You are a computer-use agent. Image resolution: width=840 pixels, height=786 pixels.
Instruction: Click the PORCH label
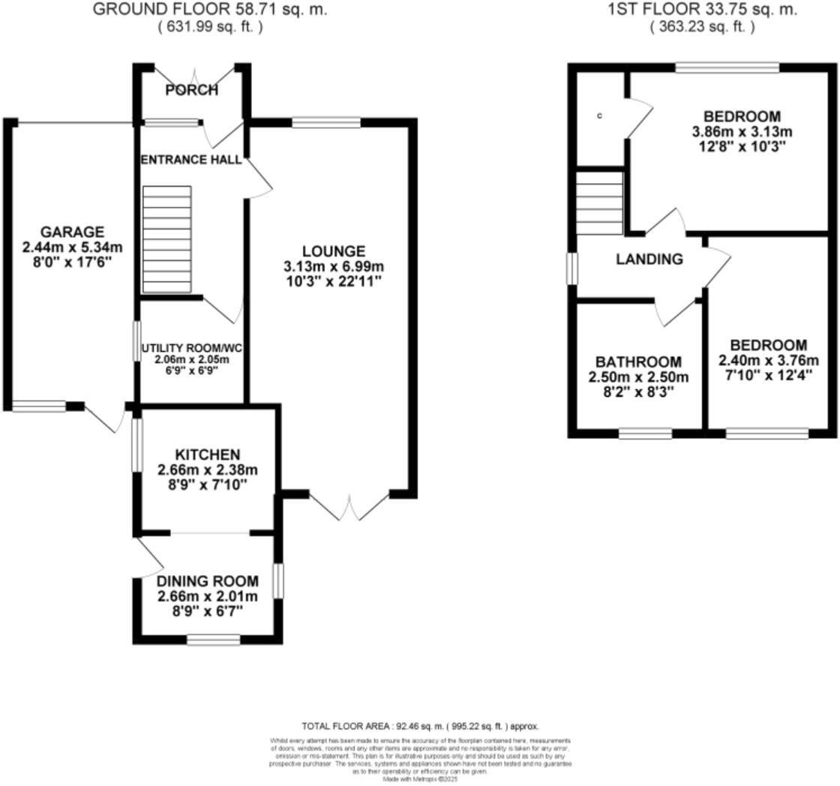pos(192,90)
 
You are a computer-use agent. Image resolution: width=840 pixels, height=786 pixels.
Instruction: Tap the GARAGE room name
pos(72,232)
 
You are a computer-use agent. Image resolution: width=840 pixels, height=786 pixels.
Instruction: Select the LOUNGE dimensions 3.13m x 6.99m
pos(334,266)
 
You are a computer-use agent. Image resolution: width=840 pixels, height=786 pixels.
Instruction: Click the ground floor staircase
pos(167,238)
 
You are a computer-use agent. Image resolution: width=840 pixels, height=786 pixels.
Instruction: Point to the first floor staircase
pos(600,202)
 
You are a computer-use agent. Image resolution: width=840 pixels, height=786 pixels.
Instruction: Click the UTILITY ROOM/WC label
pos(193,349)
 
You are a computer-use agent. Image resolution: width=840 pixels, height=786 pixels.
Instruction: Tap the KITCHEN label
pos(208,454)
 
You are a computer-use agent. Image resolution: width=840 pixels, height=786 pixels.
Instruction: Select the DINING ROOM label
pos(208,581)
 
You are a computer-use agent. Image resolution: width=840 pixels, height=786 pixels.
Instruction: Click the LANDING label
pos(649,259)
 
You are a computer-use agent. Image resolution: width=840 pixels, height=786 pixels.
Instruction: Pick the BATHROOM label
pos(638,361)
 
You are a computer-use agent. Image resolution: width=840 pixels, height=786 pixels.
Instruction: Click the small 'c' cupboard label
pos(599,116)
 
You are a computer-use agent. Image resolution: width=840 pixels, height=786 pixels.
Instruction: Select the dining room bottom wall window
pos(214,639)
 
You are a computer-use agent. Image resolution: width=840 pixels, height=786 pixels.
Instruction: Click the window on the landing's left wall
pos(572,268)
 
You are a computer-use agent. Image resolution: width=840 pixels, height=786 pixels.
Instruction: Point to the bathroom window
pos(645,433)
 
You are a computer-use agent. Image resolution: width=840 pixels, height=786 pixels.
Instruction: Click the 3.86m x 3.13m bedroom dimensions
pos(742,132)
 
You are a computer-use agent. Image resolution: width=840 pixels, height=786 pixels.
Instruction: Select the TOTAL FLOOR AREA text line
pos(420,726)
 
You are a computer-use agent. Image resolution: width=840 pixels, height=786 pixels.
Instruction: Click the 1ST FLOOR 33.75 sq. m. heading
pos(702,10)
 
